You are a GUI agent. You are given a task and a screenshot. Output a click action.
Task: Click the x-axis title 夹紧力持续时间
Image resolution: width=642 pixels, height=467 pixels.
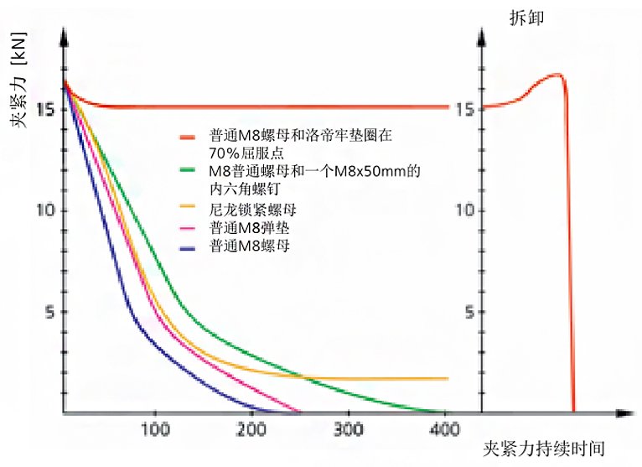coord(544,448)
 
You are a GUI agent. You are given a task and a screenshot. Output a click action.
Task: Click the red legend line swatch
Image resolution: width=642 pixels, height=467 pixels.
coord(189,135)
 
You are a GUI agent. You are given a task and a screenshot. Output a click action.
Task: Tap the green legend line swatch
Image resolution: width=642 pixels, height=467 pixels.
coord(189,171)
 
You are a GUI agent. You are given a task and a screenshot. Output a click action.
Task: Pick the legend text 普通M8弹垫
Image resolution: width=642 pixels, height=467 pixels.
coord(249,226)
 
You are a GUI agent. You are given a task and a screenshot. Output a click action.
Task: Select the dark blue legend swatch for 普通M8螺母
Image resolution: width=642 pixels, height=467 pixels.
coord(189,245)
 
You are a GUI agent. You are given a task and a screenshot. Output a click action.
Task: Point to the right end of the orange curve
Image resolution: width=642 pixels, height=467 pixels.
coord(448,379)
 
